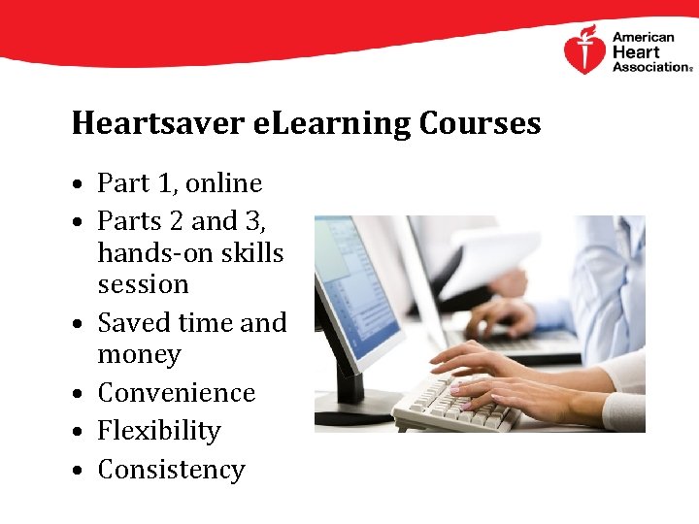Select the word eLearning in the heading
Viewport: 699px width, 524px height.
tap(317, 124)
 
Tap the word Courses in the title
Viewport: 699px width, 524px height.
tap(480, 124)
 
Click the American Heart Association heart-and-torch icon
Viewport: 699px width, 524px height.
tap(584, 50)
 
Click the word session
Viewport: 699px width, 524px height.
tap(143, 285)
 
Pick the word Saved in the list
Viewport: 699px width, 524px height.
tap(133, 323)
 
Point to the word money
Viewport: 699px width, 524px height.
tap(139, 355)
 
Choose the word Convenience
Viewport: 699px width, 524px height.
tap(176, 393)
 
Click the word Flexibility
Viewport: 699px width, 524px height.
tap(159, 431)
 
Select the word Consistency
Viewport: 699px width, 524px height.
tap(171, 470)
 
